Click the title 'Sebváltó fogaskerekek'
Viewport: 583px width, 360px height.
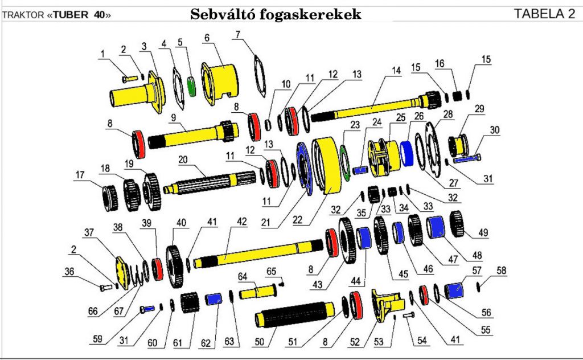click(x=276, y=14)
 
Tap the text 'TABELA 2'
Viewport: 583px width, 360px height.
click(x=544, y=14)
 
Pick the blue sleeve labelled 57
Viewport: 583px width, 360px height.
click(x=455, y=291)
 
